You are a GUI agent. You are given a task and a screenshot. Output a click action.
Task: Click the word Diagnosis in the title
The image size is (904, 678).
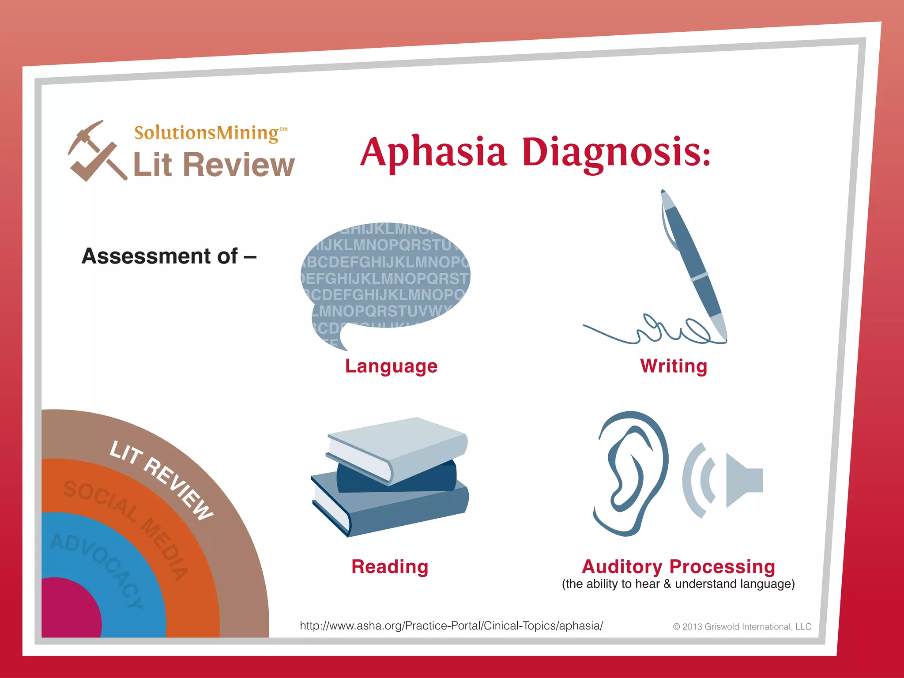click(x=616, y=152)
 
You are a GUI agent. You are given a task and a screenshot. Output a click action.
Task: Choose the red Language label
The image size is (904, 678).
click(x=391, y=366)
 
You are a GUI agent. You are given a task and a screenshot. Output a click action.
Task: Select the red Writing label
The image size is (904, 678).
click(x=674, y=366)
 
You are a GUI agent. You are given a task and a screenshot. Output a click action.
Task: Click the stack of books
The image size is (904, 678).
click(x=391, y=477)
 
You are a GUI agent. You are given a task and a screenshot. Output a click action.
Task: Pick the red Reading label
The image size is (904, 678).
click(x=390, y=567)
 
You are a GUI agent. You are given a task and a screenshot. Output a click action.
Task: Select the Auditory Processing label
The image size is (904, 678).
click(x=678, y=566)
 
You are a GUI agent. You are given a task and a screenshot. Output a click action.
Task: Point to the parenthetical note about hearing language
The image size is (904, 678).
click(x=678, y=584)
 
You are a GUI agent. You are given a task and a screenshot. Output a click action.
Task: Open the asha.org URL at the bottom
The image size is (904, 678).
click(x=451, y=625)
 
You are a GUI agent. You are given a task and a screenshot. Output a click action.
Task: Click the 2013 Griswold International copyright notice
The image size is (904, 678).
click(x=742, y=627)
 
